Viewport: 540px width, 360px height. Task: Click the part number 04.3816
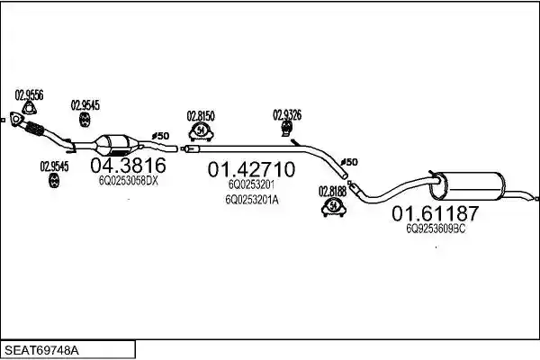pos(128,166)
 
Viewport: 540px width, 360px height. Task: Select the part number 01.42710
pos(251,169)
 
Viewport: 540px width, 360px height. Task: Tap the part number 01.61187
pos(436,213)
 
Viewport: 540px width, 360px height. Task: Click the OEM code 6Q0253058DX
pos(128,181)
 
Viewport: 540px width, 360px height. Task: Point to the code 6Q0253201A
pos(252,200)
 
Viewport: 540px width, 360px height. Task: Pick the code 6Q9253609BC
pos(436,229)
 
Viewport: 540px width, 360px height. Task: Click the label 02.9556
pos(29,94)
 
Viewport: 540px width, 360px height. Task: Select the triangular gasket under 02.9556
pos(30,108)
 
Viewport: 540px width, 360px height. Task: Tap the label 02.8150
pos(201,116)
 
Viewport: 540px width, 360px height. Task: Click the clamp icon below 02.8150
pos(201,132)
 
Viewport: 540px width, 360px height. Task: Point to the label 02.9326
pos(287,114)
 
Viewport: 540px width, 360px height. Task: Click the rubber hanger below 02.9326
pos(286,128)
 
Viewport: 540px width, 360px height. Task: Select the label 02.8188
pos(332,191)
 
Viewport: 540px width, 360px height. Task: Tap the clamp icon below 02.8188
pos(333,207)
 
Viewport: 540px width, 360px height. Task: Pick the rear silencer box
pos(469,185)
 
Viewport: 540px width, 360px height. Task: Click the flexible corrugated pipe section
pos(34,128)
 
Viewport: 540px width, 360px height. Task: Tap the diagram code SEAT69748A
pos(41,351)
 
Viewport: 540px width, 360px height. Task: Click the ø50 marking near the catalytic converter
pos(160,136)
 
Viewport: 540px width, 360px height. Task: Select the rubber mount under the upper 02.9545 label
pos(85,119)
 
